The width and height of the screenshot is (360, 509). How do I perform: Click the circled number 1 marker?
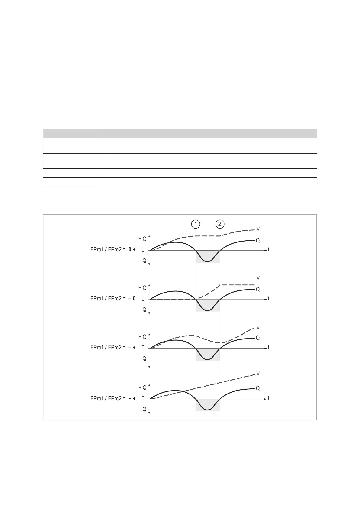click(196, 224)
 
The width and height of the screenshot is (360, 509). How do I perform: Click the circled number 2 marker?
click(220, 224)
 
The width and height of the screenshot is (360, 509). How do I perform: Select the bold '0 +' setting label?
click(132, 250)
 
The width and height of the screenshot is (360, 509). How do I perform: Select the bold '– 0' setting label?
click(132, 299)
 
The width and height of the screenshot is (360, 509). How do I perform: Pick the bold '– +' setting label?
click(132, 348)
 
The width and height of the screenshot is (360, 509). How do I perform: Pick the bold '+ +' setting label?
click(132, 399)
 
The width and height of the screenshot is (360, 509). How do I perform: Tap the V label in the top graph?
click(258, 229)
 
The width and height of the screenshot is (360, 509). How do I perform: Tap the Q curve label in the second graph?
click(258, 289)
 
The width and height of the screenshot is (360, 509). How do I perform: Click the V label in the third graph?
click(258, 328)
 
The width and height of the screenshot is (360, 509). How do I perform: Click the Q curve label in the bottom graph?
click(258, 388)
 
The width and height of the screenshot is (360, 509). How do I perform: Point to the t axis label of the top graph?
click(269, 250)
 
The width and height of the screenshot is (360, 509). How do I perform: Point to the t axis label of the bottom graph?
click(269, 399)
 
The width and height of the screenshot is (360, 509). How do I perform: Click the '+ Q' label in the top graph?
click(142, 239)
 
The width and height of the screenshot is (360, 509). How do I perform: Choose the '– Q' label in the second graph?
click(142, 310)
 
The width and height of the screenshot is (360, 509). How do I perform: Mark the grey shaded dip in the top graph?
click(207, 256)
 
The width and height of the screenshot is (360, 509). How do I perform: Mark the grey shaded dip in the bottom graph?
click(207, 405)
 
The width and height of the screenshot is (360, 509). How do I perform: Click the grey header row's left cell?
click(71, 133)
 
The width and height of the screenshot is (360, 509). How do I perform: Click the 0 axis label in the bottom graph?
click(143, 399)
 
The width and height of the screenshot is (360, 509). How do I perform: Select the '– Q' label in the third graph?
click(142, 359)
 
